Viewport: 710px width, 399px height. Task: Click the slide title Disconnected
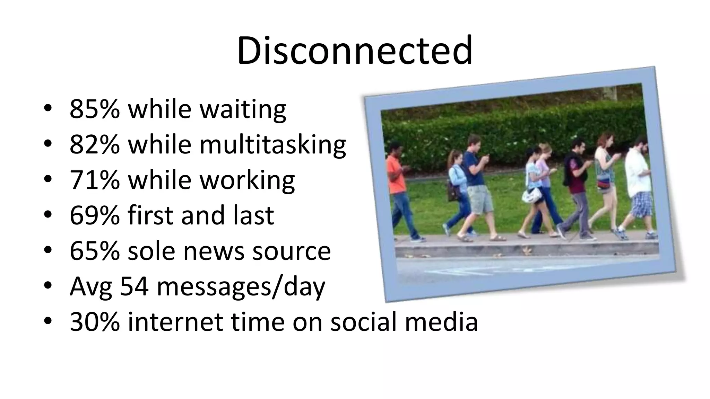(x=355, y=51)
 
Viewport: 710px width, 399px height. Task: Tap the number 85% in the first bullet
(x=94, y=109)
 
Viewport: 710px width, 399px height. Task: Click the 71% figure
(x=94, y=180)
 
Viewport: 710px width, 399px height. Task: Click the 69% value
(x=94, y=215)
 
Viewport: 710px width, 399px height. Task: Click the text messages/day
(x=241, y=287)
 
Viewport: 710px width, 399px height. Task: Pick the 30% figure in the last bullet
(x=94, y=322)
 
